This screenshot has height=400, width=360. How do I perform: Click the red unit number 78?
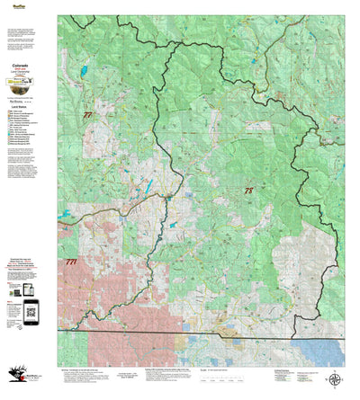(248, 191)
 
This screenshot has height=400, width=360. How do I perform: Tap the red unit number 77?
(87, 116)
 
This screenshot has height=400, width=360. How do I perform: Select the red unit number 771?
(71, 262)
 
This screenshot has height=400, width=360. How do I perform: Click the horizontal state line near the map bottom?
(207, 332)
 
